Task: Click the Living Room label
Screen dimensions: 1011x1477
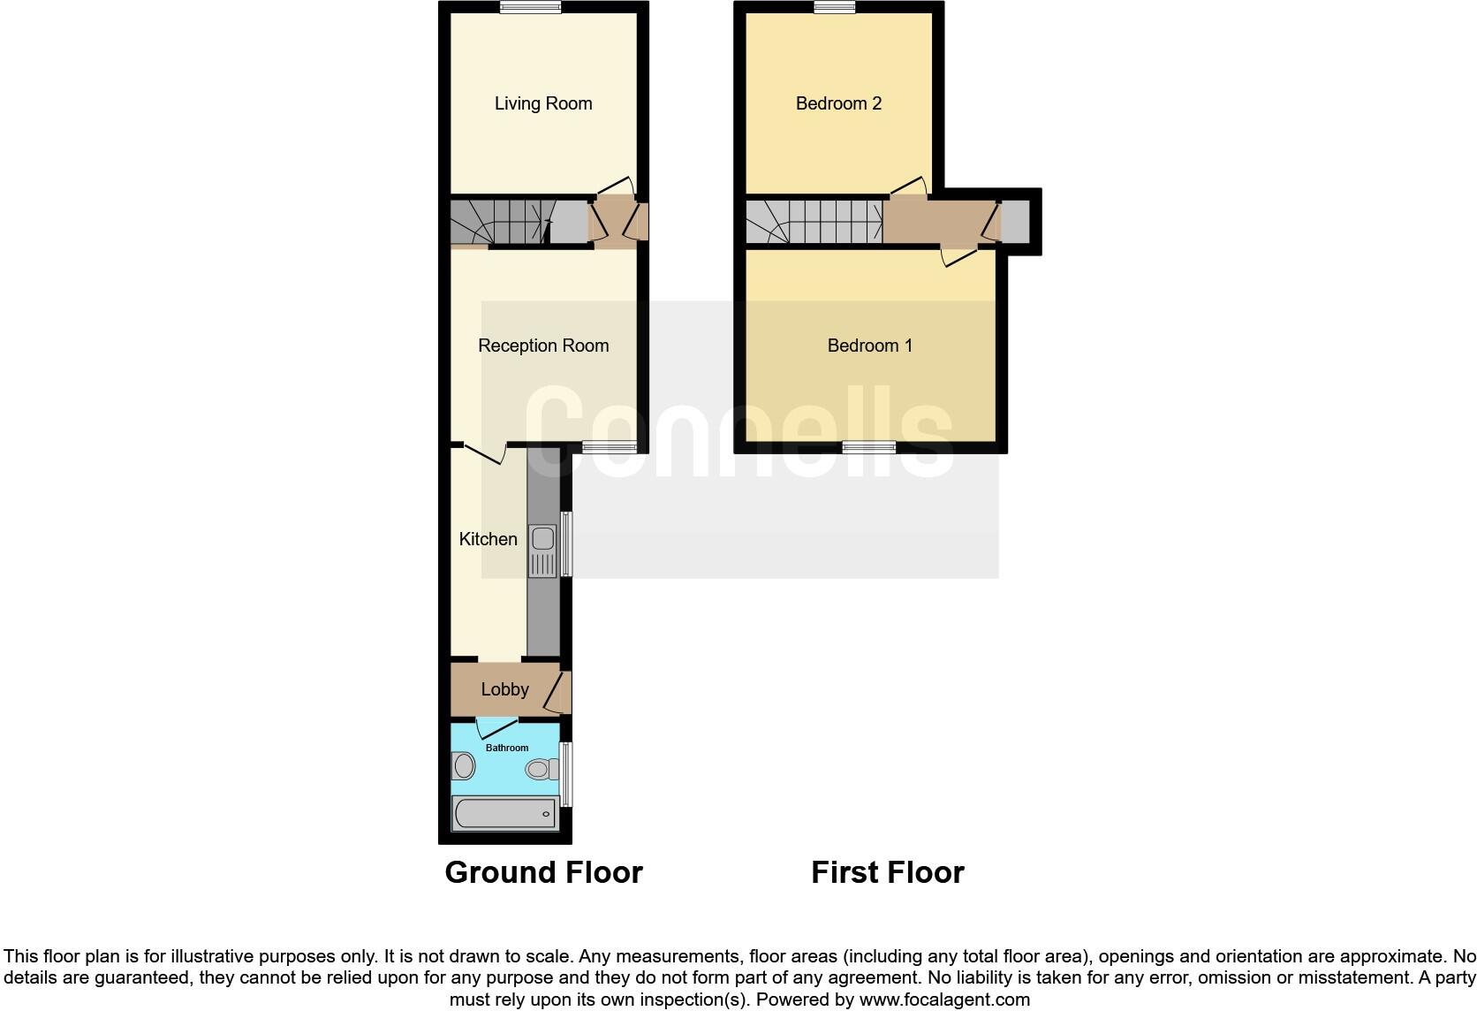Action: pos(542,103)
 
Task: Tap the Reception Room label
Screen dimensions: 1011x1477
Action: pos(543,346)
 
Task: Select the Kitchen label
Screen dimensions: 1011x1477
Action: pos(488,539)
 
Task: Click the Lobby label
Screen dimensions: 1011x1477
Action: pos(504,689)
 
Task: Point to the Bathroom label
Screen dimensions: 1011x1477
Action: pos(507,748)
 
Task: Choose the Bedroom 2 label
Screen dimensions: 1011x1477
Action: pos(838,103)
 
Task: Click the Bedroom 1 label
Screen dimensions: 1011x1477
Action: pos(869,346)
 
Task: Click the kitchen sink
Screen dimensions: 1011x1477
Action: pos(543,539)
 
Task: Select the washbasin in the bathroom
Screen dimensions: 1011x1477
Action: pos(463,766)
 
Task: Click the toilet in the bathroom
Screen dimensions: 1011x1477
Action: pos(540,770)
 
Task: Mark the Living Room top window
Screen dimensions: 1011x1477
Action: pos(530,7)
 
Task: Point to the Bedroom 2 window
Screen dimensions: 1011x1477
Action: pos(835,7)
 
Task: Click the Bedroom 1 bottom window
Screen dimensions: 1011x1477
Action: pos(868,447)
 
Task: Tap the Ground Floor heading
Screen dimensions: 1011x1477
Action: pos(543,872)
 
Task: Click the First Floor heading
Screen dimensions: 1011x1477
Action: pos(887,872)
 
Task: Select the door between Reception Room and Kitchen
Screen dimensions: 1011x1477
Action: pos(484,453)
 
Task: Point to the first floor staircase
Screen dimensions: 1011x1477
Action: pos(814,221)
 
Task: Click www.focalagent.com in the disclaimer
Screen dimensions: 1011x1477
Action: pos(944,1000)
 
